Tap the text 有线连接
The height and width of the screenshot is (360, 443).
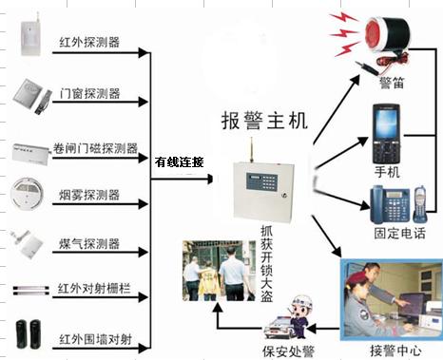tap(179, 162)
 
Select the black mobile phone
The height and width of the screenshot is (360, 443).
tap(386, 134)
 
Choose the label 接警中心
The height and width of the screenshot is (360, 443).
tap(393, 348)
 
